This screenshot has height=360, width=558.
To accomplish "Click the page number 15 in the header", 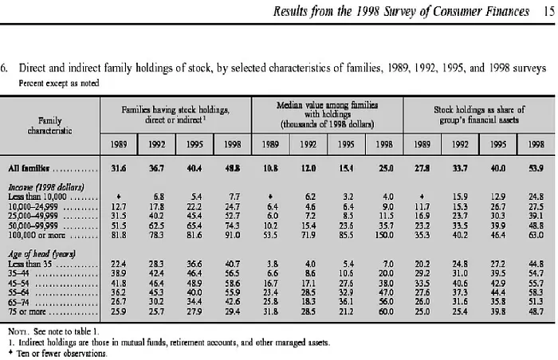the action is click(x=549, y=11).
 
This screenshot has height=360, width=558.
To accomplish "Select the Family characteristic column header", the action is click(x=49, y=126).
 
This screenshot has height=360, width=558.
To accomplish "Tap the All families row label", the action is click(x=29, y=168).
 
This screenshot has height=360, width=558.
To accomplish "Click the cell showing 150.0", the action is click(x=384, y=235).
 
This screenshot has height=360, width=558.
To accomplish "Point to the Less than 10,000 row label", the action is click(x=37, y=197).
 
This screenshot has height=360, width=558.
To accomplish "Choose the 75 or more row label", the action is click(x=27, y=311).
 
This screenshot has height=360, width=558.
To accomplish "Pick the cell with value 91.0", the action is click(x=233, y=235).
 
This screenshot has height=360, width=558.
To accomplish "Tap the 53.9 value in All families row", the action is click(x=536, y=168).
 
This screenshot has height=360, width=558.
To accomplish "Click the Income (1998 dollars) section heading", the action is click(x=46, y=187).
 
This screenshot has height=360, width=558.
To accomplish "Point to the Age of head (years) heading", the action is click(x=42, y=254).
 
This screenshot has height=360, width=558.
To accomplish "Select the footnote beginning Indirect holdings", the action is click(x=169, y=342).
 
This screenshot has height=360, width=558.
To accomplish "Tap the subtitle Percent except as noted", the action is click(x=59, y=84).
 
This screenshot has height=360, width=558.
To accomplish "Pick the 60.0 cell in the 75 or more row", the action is click(x=386, y=311).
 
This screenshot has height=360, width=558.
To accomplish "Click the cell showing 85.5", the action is click(x=346, y=235).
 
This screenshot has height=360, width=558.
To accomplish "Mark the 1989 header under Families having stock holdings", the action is click(x=119, y=144).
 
